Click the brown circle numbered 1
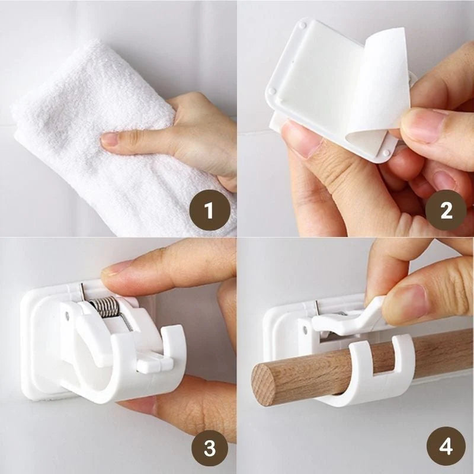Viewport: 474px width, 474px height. point(210,210)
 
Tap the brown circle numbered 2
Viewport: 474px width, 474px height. point(446,210)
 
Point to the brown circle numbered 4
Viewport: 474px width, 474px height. point(446,446)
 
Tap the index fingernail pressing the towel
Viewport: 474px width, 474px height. point(110,139)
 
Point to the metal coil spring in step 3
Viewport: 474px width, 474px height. point(105,306)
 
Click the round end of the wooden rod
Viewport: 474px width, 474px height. point(264,385)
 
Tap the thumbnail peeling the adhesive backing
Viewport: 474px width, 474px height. point(422,124)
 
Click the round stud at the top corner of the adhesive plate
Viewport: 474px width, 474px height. point(302,25)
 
